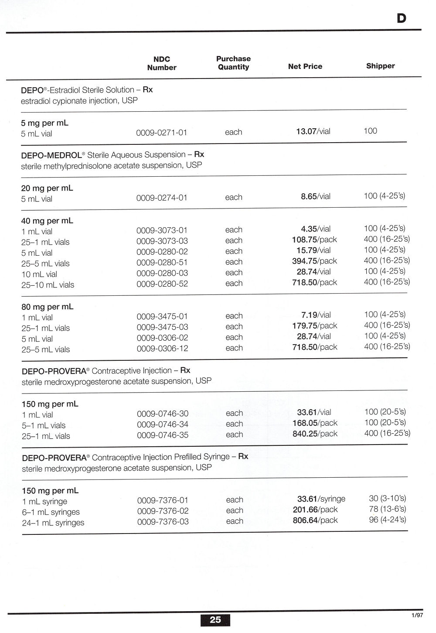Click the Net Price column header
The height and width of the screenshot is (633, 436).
pyautogui.click(x=305, y=66)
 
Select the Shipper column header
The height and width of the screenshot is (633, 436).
pyautogui.click(x=380, y=66)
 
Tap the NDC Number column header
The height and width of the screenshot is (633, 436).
pyautogui.click(x=162, y=63)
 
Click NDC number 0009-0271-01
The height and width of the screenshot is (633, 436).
pyautogui.click(x=161, y=133)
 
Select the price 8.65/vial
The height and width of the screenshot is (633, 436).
pyautogui.click(x=315, y=196)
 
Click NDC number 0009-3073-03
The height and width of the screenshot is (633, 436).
pyautogui.click(x=162, y=241)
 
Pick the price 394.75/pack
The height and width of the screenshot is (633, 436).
pyautogui.click(x=314, y=261)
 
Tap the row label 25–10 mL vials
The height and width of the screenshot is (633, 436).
pyautogui.click(x=48, y=285)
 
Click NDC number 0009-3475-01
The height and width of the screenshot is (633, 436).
pyautogui.click(x=162, y=316)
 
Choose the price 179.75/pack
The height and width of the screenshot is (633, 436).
pyautogui.click(x=314, y=325)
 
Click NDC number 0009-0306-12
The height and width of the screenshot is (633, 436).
pyautogui.click(x=162, y=349)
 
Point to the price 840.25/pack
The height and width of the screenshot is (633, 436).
pyautogui.click(x=315, y=434)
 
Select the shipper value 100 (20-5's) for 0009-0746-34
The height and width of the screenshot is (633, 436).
pyautogui.click(x=385, y=422)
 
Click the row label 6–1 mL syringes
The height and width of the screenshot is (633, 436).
pyautogui.click(x=51, y=512)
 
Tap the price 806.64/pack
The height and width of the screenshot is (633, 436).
pyautogui.click(x=315, y=520)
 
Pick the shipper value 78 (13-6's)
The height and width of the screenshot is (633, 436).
pyautogui.click(x=387, y=509)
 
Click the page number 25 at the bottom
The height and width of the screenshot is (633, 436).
pyautogui.click(x=215, y=619)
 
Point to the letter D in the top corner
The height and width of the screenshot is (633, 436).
pyautogui.click(x=401, y=18)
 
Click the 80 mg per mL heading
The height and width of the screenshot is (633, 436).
pyautogui.click(x=47, y=307)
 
